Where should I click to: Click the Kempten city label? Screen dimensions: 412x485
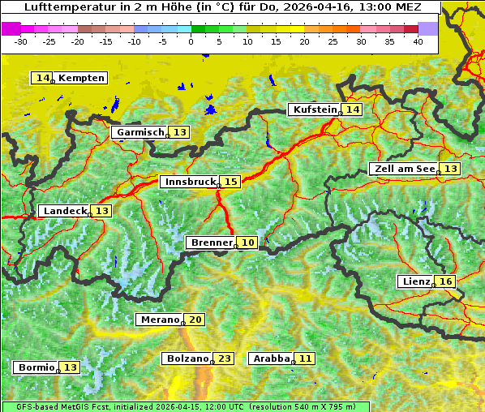click(81, 78)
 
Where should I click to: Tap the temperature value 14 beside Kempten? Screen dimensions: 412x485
click(42, 78)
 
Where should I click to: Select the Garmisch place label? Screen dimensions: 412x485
click(140, 132)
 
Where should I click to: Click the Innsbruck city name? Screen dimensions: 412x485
click(190, 182)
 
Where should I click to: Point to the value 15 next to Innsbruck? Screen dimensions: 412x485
click(231, 182)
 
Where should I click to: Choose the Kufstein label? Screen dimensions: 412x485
click(314, 109)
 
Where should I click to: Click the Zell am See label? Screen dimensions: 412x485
click(403, 169)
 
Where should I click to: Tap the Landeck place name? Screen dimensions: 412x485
click(65, 211)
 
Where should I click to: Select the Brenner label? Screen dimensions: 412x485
click(211, 242)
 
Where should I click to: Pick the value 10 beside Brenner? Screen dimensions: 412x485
click(248, 242)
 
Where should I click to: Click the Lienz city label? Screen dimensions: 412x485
click(415, 281)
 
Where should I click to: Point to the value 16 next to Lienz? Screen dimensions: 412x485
click(446, 281)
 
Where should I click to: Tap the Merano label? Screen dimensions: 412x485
click(158, 320)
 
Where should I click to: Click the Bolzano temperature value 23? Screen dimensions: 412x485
click(225, 358)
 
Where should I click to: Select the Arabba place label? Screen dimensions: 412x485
click(272, 358)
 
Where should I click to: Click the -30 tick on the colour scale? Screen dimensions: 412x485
click(21, 41)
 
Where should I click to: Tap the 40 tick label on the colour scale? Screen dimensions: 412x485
click(418, 41)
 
